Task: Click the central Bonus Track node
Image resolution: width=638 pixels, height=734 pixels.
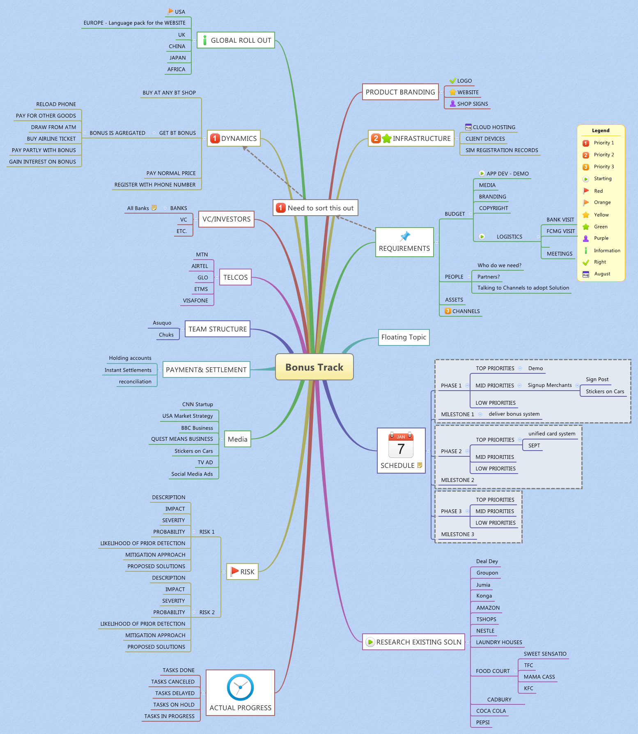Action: point(314,367)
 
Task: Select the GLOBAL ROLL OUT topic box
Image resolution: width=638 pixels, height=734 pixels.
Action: point(236,40)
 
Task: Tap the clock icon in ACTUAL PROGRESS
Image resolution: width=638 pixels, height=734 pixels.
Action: point(240,687)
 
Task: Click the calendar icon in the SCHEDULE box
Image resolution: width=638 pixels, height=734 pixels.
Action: point(401,445)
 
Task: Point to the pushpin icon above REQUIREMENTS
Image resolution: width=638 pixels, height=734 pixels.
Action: point(405,236)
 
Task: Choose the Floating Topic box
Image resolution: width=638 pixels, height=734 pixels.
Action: point(404,337)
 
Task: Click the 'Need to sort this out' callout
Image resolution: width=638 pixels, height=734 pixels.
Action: point(315,208)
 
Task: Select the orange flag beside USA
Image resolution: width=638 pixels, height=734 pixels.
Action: point(170,11)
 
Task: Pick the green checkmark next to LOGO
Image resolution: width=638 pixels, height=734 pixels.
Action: point(453,81)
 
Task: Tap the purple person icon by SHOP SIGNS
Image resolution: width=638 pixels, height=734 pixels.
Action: point(453,104)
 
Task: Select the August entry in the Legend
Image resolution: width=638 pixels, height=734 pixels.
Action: point(602,274)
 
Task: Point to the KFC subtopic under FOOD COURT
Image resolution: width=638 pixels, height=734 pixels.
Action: point(528,688)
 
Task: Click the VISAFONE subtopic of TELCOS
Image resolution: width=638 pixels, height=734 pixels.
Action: point(195,301)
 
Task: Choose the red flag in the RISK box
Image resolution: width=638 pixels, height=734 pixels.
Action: point(234,571)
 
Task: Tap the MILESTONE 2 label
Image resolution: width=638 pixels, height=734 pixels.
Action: point(457,480)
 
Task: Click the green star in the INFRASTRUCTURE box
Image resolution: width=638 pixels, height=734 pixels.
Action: point(387,138)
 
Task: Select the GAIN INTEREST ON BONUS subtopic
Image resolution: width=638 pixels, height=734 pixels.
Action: point(43,162)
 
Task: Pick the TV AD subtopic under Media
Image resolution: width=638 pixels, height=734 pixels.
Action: point(205,462)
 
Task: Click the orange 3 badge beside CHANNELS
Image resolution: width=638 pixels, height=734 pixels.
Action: point(448,311)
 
